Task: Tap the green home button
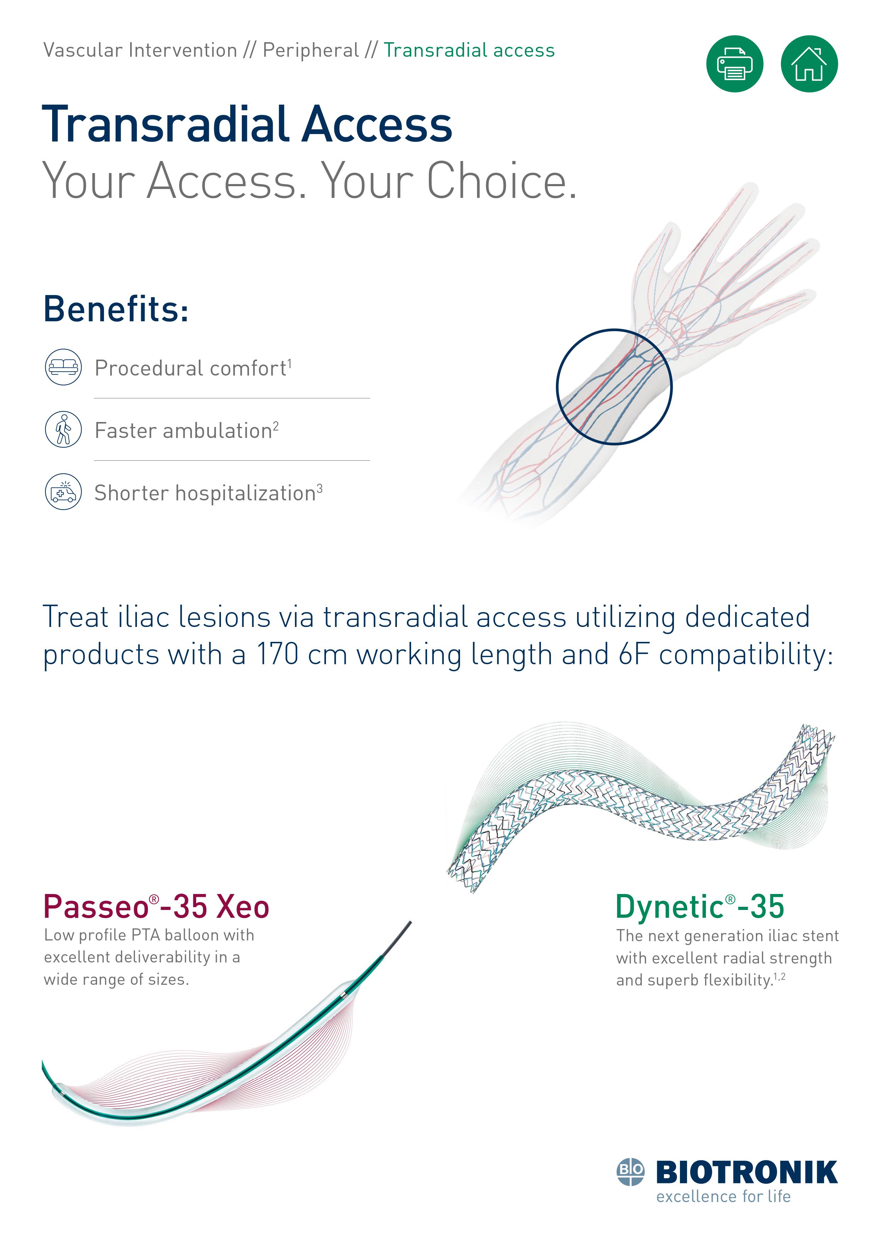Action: [809, 64]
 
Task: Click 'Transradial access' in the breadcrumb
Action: [469, 50]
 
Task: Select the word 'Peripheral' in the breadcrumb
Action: [310, 50]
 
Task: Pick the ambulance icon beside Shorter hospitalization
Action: [63, 492]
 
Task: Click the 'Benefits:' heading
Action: [116, 309]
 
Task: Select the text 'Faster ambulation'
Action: [183, 431]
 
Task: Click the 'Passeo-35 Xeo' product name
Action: [156, 907]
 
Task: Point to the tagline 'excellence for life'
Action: [723, 1196]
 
